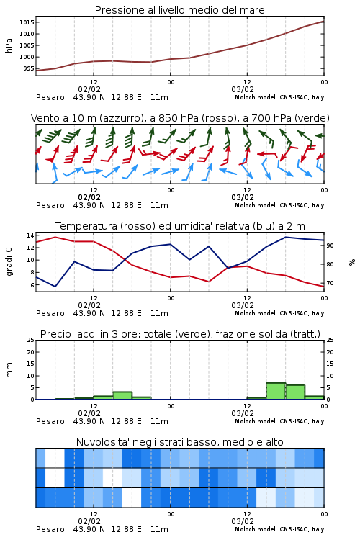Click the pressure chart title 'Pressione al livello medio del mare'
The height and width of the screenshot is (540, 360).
pyautogui.click(x=179, y=10)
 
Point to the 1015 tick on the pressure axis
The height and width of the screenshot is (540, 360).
pyautogui.click(x=27, y=22)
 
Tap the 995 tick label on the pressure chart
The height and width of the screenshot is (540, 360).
pyautogui.click(x=29, y=68)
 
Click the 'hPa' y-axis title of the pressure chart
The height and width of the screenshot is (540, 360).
pyautogui.click(x=9, y=45)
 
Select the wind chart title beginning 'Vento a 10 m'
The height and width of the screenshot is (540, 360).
pyautogui.click(x=180, y=118)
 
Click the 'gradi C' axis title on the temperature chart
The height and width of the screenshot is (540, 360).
pyautogui.click(x=9, y=262)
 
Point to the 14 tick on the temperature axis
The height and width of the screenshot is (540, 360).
pyautogui.click(x=30, y=235)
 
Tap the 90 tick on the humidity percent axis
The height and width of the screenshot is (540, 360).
pyautogui.click(x=330, y=246)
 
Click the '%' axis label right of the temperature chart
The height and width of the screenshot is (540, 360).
pyautogui.click(x=352, y=262)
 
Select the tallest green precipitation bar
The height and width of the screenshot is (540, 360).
pyautogui.click(x=276, y=391)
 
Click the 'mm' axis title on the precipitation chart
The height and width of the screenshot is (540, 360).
pyautogui.click(x=9, y=370)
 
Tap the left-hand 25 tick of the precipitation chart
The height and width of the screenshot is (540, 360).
pyautogui.click(x=30, y=340)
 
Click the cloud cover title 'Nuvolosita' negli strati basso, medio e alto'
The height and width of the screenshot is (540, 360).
pyautogui.click(x=179, y=442)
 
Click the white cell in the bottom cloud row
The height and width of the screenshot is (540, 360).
pyautogui.click(x=132, y=498)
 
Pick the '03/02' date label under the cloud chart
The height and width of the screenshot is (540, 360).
pyautogui.click(x=243, y=521)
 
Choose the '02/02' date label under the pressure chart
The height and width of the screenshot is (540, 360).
pyautogui.click(x=89, y=89)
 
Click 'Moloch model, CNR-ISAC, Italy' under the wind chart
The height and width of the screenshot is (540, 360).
pyautogui.click(x=279, y=205)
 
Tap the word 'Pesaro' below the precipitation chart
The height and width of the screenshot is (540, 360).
pyautogui.click(x=50, y=421)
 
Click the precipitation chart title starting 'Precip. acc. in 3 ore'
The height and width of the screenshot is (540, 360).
pyautogui.click(x=180, y=334)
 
